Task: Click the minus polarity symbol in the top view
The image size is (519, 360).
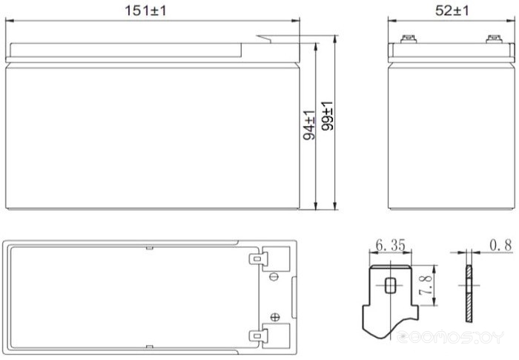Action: (274, 277)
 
